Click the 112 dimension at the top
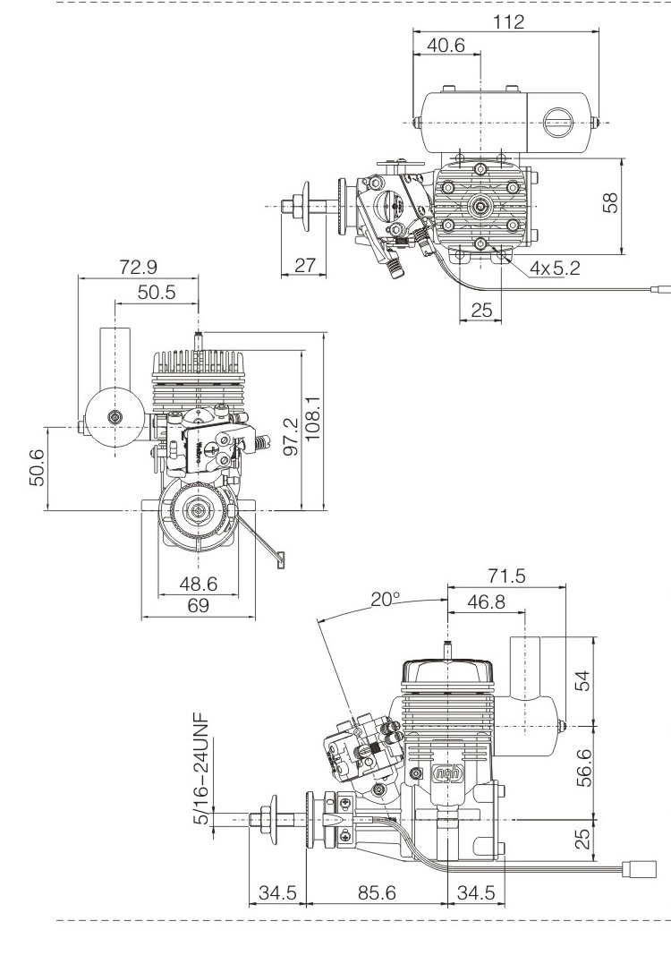[509, 21]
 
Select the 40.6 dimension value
[446, 46]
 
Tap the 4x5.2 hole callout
[555, 268]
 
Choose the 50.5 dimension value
[157, 293]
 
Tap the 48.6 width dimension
[199, 584]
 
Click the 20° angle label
[386, 599]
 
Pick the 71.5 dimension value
[506, 576]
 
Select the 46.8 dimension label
[485, 602]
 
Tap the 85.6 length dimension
[375, 892]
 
